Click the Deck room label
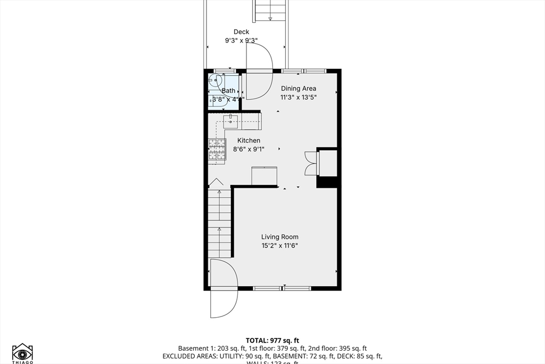[241, 32]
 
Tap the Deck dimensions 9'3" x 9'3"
[241, 41]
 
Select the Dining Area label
[299, 88]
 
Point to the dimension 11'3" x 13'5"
[299, 98]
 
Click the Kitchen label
[249, 141]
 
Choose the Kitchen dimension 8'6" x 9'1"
[249, 149]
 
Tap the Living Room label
[279, 237]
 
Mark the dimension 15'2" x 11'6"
[279, 246]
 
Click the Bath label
[228, 91]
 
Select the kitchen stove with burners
[217, 149]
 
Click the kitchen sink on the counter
[231, 118]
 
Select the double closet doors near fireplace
[310, 163]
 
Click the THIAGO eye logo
[22, 353]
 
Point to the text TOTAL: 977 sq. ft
[272, 341]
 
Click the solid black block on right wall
[327, 182]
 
